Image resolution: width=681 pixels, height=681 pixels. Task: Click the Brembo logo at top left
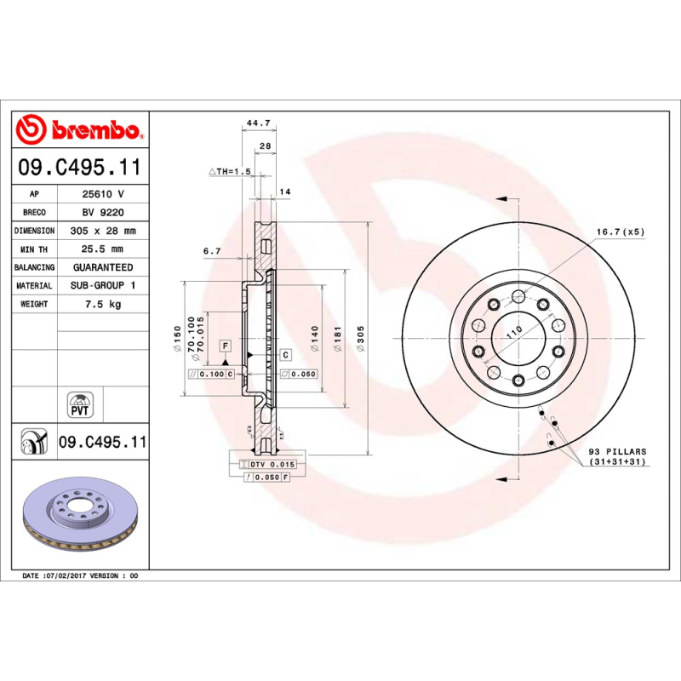click(78, 130)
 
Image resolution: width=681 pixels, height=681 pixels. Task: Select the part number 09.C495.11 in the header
click(79, 168)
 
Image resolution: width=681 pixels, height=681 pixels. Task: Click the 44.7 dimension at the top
click(258, 123)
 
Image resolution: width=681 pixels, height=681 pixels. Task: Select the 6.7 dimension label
click(213, 251)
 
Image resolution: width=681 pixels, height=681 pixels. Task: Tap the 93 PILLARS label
click(617, 451)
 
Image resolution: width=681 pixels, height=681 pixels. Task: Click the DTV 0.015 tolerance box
click(271, 464)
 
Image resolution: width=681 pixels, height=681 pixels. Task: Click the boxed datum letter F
click(226, 346)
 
